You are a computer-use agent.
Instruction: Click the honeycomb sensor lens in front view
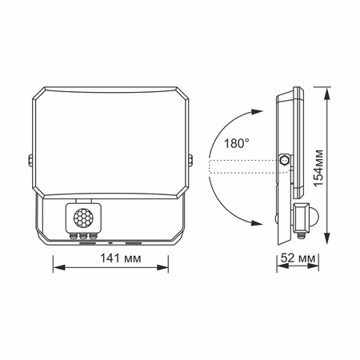tap(82, 216)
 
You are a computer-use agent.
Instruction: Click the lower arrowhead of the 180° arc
tap(258, 221)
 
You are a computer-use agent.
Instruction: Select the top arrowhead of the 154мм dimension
tap(326, 89)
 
